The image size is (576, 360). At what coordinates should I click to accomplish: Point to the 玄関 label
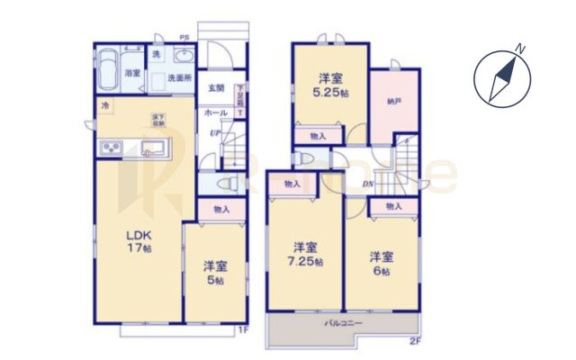[x=216, y=87]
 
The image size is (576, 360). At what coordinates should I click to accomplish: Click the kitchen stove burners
[x=113, y=148]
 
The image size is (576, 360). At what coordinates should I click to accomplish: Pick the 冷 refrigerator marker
[x=105, y=108]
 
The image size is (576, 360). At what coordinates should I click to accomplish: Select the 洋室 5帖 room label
[x=213, y=273]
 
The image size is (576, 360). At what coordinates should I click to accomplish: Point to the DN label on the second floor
[x=369, y=185]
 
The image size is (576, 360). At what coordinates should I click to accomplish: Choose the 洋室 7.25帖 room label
[x=304, y=252]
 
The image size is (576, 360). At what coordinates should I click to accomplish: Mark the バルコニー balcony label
[x=343, y=321]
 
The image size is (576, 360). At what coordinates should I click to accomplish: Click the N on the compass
[x=520, y=48]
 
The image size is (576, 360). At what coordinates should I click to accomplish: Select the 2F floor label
[x=415, y=341]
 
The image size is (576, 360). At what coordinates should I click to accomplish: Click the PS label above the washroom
[x=184, y=38]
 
